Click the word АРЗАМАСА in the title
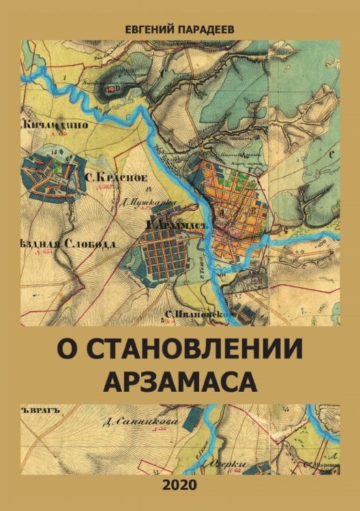pos(180,381)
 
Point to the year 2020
pos(180,485)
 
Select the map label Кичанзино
pos(51,125)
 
